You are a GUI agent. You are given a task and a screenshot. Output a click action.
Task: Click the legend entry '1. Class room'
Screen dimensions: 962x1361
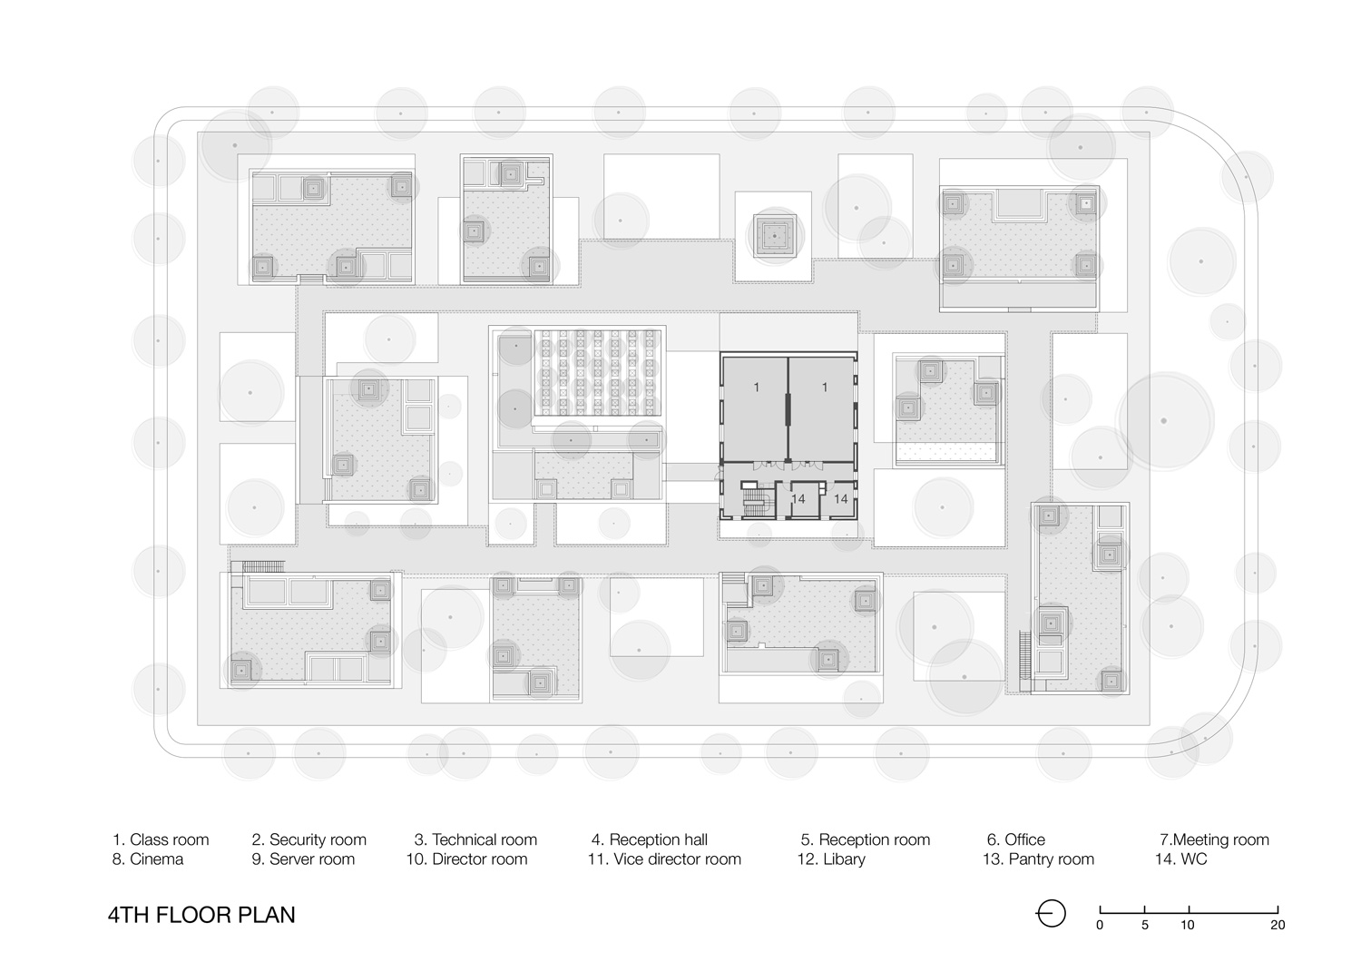click(x=161, y=839)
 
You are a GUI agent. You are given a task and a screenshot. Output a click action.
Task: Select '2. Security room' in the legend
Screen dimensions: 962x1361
click(x=308, y=839)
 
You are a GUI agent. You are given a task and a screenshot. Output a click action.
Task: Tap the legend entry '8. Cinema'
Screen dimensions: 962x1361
click(x=148, y=859)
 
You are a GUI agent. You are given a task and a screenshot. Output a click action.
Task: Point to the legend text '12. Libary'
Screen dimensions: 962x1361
click(x=831, y=859)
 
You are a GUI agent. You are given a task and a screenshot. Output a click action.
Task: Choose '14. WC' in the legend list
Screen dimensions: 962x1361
click(x=1181, y=859)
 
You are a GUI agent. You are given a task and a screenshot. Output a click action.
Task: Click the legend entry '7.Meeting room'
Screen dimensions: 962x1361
click(x=1214, y=839)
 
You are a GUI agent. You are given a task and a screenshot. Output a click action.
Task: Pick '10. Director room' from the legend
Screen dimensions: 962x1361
click(x=466, y=859)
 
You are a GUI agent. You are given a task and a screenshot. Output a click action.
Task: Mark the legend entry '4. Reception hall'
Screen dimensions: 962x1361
click(x=650, y=839)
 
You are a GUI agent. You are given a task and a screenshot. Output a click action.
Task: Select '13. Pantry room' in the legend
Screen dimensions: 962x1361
click(x=1038, y=859)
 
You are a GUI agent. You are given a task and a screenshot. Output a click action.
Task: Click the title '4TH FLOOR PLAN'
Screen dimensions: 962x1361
click(x=201, y=914)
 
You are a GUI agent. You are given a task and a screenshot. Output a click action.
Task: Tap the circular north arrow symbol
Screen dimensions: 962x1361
click(x=1051, y=913)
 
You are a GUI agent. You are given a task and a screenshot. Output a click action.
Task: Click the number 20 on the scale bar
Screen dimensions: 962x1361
click(x=1278, y=926)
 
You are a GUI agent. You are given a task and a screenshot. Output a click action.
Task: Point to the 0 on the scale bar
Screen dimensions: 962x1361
click(x=1100, y=926)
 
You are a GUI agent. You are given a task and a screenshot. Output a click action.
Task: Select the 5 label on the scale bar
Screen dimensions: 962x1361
click(x=1144, y=926)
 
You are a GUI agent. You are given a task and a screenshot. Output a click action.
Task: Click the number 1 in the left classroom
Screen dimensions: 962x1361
click(x=756, y=388)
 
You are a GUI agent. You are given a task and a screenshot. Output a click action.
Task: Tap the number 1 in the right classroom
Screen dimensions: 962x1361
click(x=824, y=388)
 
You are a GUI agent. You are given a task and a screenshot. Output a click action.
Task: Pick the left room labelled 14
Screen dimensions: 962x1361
click(x=798, y=499)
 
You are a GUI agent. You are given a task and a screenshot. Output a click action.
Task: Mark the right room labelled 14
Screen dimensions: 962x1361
click(x=840, y=499)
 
